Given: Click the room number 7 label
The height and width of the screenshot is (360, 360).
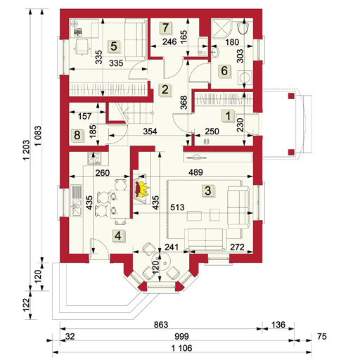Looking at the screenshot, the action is [166, 27].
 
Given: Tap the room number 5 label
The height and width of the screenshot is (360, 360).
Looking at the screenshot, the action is [114, 46].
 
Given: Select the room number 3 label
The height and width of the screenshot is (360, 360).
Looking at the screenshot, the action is [208, 191].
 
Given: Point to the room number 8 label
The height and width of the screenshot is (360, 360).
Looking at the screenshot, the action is [77, 135].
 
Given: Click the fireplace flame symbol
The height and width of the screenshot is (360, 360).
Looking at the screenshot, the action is [141, 189].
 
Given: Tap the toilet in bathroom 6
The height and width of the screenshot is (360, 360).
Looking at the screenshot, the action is [243, 27].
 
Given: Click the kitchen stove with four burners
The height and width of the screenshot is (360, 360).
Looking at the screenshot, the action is [95, 158].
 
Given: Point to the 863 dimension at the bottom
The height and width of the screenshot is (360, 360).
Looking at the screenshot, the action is [161, 325].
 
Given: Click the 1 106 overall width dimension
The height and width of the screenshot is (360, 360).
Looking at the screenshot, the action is [181, 348].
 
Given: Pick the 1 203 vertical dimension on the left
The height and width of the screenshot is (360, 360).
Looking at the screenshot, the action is [27, 150].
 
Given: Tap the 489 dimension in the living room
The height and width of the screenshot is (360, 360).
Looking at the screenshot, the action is [195, 172].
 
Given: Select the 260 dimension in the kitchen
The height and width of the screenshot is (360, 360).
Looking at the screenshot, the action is [103, 173].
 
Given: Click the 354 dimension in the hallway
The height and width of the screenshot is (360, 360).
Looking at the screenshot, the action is [150, 131].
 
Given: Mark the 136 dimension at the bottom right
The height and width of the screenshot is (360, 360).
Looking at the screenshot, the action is [278, 325].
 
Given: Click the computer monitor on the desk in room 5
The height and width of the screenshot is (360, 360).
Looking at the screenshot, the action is [78, 32].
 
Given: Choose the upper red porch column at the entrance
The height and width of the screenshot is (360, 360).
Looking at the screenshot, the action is [291, 96].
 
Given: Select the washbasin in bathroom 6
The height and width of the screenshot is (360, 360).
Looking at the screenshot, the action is [215, 52].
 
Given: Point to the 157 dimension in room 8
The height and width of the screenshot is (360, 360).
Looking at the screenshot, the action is [84, 116].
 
